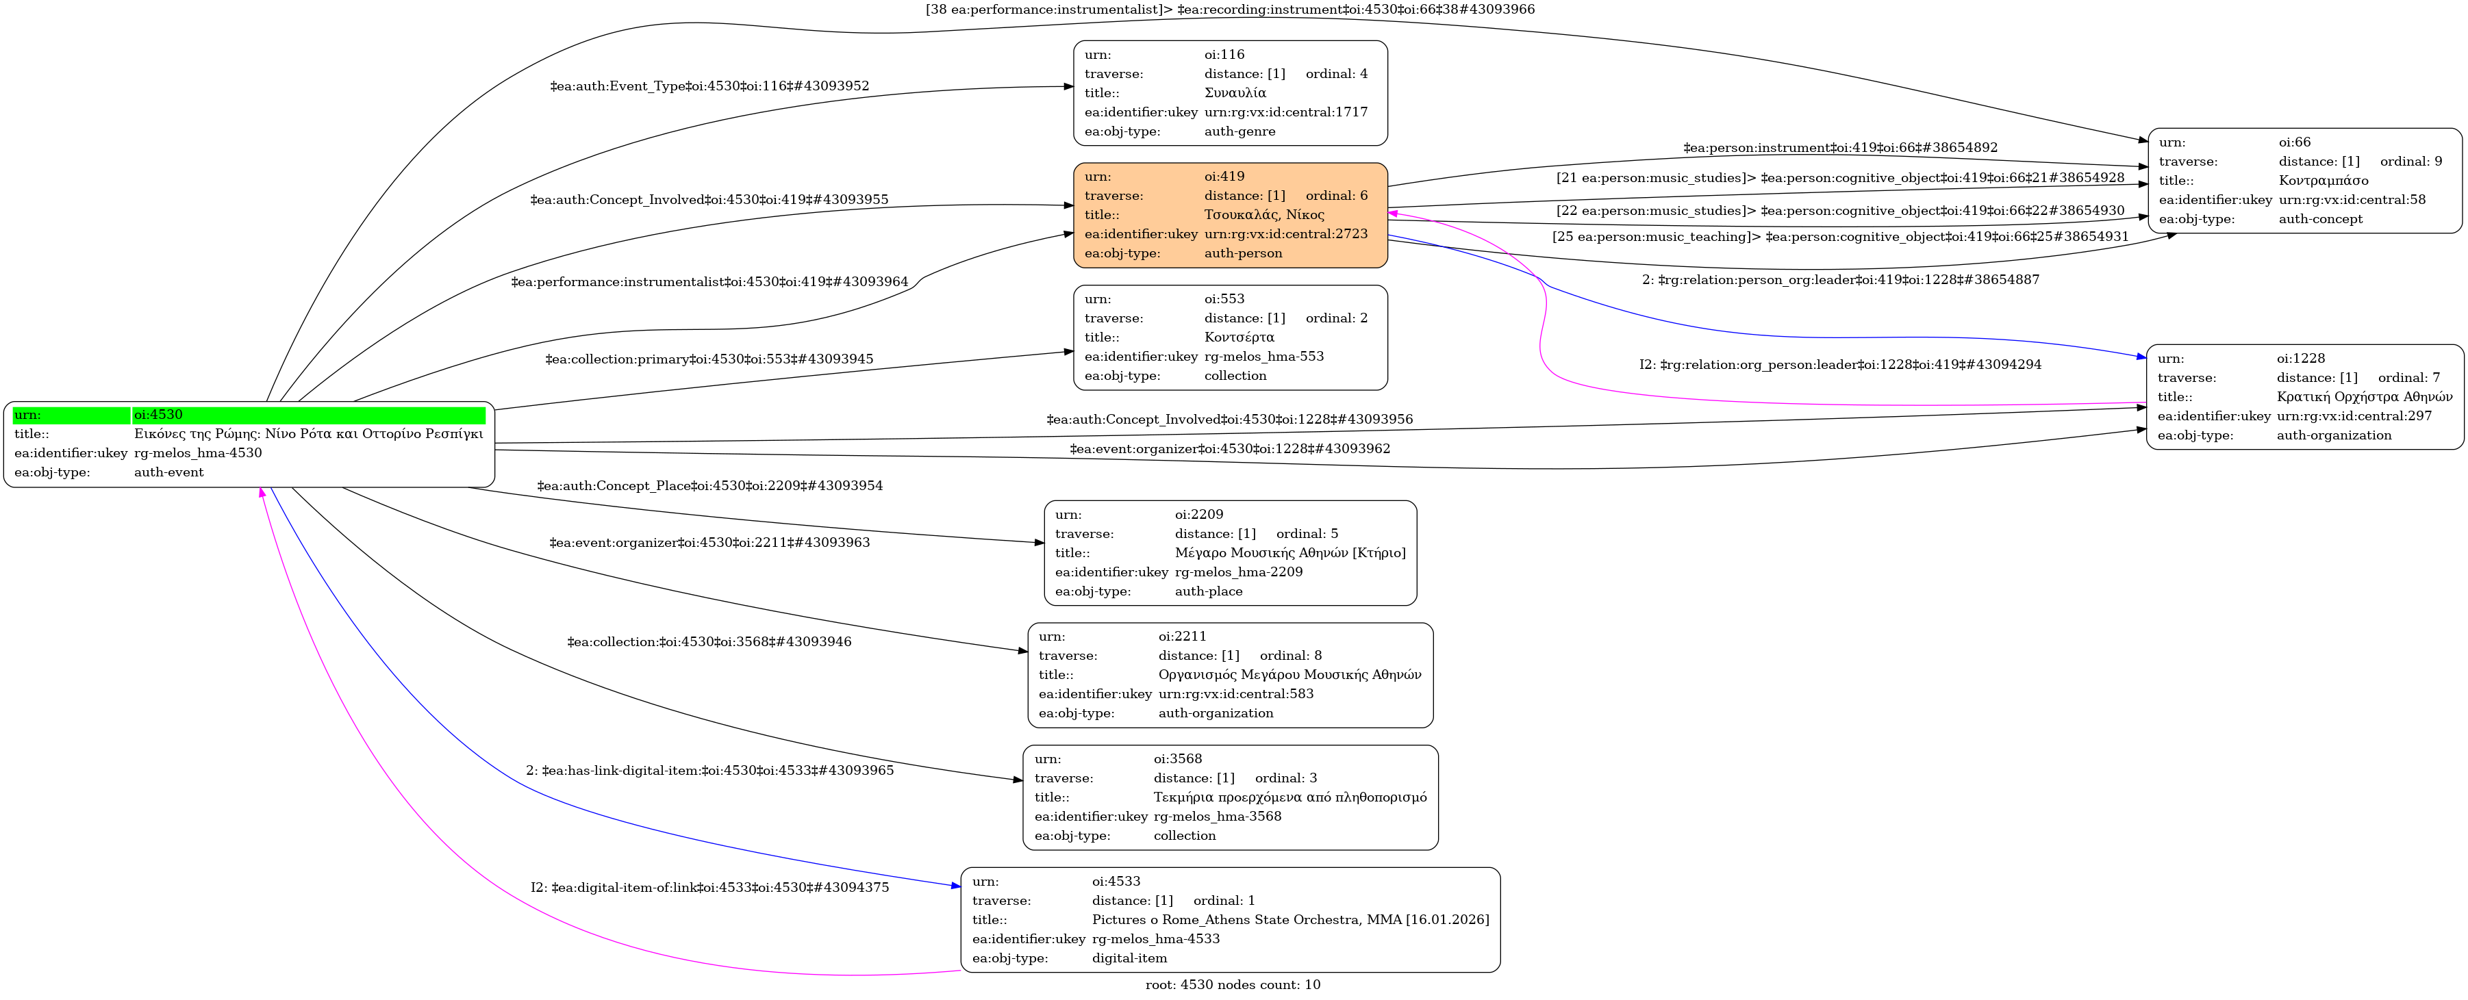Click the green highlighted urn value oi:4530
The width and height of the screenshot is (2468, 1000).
[x=158, y=415]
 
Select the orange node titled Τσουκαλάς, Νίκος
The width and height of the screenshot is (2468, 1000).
[x=1229, y=214]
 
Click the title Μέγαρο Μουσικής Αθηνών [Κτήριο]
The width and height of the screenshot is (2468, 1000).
[x=1289, y=552]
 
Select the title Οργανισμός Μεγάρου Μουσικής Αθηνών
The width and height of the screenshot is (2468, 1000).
[x=1289, y=674]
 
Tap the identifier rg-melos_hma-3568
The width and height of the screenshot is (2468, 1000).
[x=1217, y=816]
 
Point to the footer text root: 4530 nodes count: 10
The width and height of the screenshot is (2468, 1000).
[x=1232, y=985]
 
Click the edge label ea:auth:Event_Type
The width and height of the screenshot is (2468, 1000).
[x=709, y=86]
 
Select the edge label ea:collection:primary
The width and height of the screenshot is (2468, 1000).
[x=709, y=359]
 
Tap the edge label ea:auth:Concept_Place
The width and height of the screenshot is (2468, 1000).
[x=709, y=486]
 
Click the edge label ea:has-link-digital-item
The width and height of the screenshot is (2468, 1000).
[x=709, y=770]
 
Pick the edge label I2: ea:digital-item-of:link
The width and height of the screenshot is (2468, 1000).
[x=709, y=887]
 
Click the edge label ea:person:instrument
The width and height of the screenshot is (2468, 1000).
[x=1839, y=148]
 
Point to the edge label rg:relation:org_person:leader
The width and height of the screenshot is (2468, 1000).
[x=1839, y=364]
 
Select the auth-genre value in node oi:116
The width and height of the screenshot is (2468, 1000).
[x=1239, y=131]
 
